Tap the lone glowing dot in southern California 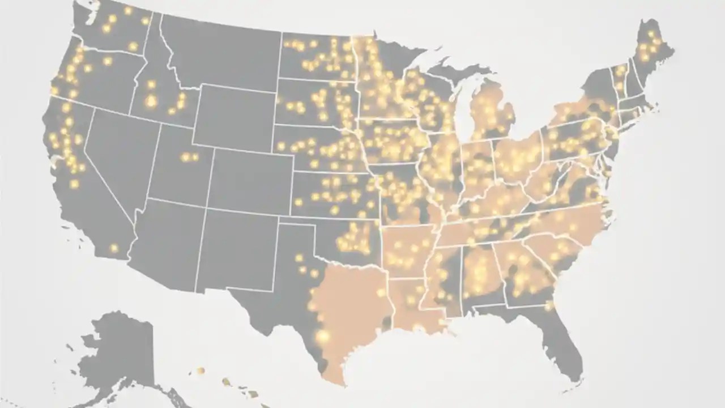pos(114,248)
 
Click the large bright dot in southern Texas pos(323,336)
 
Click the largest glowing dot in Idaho pos(151,101)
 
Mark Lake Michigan pos(463,108)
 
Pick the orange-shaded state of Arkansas pos(408,249)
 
